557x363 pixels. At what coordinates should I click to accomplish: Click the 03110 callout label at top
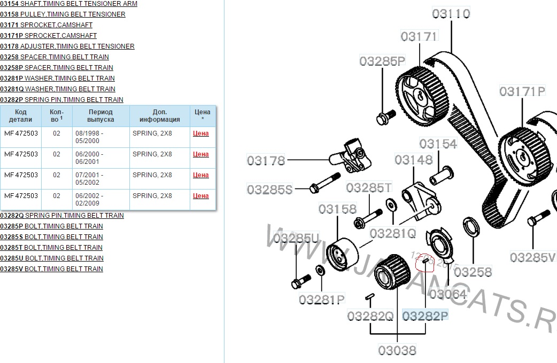[x=451, y=13]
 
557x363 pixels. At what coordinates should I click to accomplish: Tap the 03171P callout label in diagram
[x=522, y=91]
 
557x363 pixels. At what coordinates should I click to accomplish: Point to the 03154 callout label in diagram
[x=438, y=144]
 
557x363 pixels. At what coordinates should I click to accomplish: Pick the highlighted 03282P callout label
[x=425, y=316]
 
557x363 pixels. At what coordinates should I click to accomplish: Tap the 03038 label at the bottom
[x=397, y=351]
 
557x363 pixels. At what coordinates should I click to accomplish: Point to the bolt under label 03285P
[x=385, y=116]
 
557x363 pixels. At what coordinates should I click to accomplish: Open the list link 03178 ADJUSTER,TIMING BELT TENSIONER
[x=67, y=46]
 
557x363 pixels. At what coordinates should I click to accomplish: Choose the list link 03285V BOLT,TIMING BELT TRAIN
[x=51, y=269]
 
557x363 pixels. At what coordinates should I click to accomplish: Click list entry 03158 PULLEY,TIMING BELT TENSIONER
[x=63, y=14]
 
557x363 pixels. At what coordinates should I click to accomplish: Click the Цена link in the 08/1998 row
[x=200, y=133]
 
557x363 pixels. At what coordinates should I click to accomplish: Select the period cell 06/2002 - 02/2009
[x=90, y=199]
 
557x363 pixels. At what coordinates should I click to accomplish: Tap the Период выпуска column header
[x=100, y=116]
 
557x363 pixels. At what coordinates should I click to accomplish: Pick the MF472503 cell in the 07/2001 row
[x=21, y=175]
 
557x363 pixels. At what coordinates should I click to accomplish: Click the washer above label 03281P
[x=320, y=270]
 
